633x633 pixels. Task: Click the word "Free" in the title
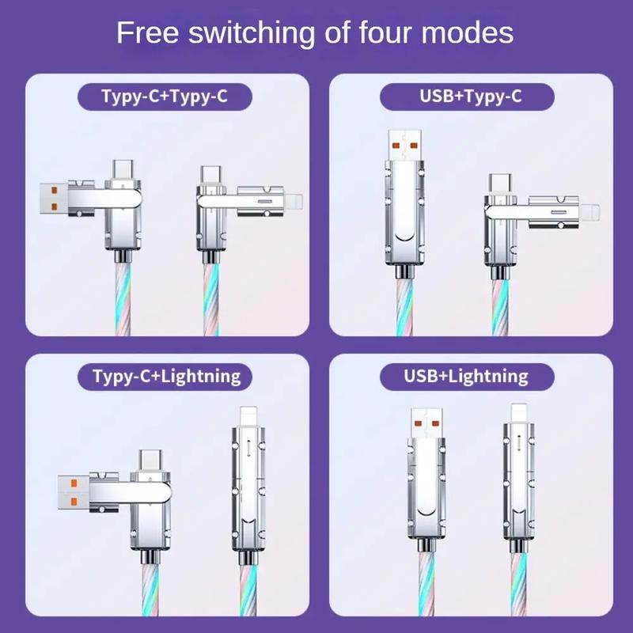147,32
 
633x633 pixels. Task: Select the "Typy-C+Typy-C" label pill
165,97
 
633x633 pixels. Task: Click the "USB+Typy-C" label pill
467,97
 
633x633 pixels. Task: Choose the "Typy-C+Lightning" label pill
165,377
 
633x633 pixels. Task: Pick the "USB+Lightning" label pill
467,377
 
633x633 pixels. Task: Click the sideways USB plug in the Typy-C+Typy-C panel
54,199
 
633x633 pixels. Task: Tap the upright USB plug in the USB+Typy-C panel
405,146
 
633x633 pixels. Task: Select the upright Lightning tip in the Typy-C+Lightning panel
248,417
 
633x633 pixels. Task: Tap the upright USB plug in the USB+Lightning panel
426,423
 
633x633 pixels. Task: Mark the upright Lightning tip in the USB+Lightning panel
519,413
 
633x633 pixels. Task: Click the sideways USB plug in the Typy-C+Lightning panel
73,492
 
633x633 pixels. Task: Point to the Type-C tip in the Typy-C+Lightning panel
151,461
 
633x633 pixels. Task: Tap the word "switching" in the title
252,33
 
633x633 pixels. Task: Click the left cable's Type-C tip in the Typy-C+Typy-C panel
123,170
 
